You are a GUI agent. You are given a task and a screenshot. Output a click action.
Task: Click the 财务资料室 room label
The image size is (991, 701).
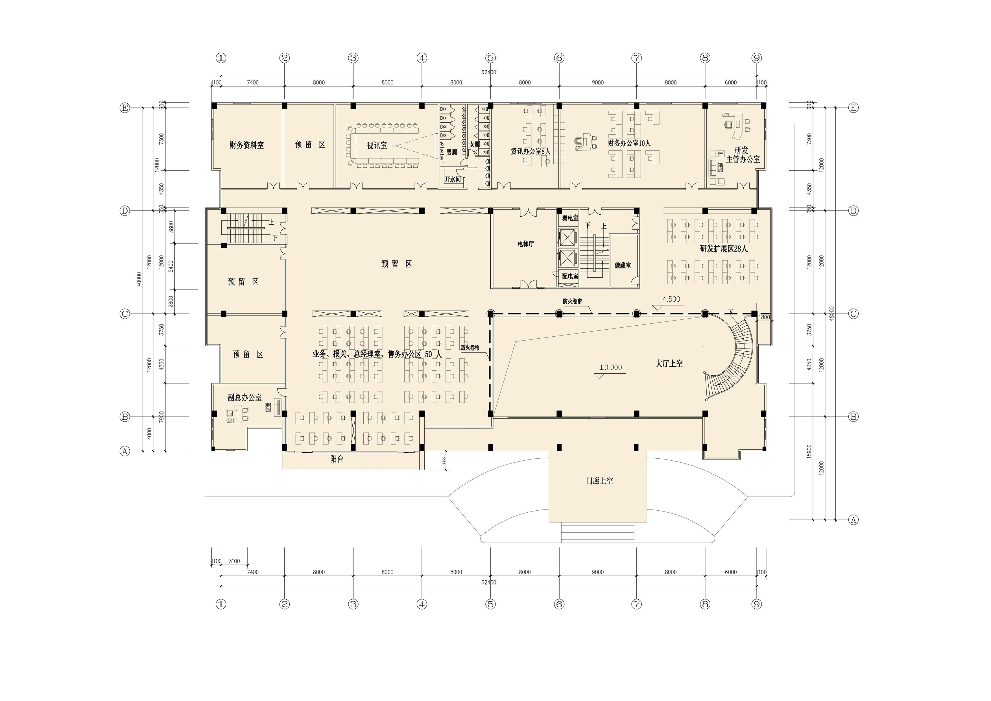pyautogui.click(x=246, y=145)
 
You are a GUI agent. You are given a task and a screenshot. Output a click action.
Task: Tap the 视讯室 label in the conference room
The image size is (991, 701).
pyautogui.click(x=377, y=145)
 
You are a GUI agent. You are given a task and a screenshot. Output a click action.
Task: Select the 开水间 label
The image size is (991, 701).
pyautogui.click(x=453, y=179)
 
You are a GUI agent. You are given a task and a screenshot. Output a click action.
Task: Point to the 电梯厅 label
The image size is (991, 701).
pyautogui.click(x=526, y=244)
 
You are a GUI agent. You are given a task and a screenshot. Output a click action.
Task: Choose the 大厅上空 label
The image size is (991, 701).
pyautogui.click(x=669, y=363)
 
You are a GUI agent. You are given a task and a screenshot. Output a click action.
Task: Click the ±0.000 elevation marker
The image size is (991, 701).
pyautogui.click(x=610, y=367)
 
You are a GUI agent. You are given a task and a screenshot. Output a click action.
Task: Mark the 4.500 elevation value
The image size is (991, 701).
pyautogui.click(x=671, y=299)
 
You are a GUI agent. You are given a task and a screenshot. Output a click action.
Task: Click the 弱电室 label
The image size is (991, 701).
pyautogui.click(x=570, y=218)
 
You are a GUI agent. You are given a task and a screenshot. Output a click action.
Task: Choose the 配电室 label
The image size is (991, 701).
pyautogui.click(x=570, y=276)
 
